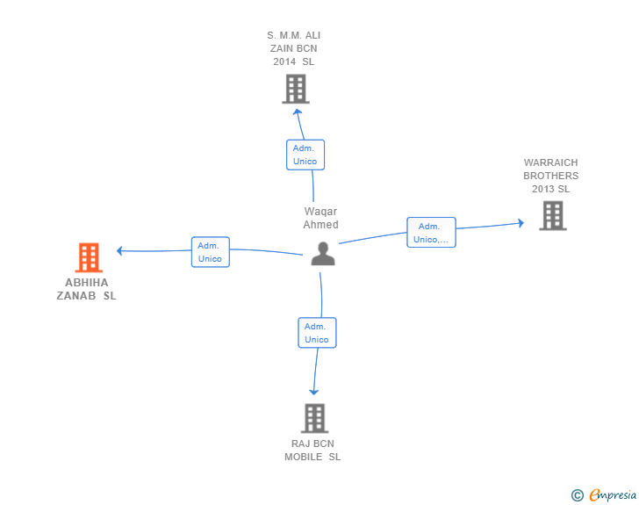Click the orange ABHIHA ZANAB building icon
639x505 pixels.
89,257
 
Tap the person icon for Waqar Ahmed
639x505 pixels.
323,254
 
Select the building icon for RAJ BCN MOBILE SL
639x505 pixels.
314,418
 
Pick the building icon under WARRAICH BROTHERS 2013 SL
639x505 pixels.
553,216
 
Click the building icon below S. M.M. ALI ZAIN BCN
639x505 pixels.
296,89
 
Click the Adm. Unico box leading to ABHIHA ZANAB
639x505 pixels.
211,252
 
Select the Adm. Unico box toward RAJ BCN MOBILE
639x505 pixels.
317,333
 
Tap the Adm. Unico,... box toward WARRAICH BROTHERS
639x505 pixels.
431,233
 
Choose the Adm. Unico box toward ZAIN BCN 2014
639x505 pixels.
305,155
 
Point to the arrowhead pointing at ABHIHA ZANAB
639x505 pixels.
119,251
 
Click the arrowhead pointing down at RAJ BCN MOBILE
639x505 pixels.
314,393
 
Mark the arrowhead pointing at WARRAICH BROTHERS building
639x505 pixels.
521,223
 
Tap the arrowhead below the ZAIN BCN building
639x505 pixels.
298,112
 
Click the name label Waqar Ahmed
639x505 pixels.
320,218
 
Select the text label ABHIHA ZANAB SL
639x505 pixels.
86,289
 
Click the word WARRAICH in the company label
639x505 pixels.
550,162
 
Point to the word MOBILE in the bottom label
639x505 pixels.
303,457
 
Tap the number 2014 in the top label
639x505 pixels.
284,61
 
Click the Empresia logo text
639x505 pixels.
613,494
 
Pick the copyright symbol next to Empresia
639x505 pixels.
577,495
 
